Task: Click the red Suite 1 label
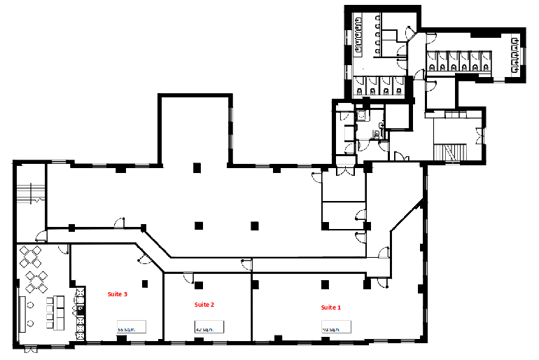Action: click(x=331, y=307)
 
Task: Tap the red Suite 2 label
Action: click(x=204, y=305)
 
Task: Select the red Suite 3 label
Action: click(x=117, y=295)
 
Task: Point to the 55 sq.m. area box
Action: click(x=131, y=327)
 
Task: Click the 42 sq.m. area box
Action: click(x=209, y=327)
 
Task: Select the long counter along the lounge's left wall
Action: click(x=22, y=313)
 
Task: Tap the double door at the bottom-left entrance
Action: click(x=30, y=348)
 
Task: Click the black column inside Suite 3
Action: click(x=144, y=283)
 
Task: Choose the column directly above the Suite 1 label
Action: click(x=325, y=284)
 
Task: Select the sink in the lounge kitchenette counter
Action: click(x=81, y=308)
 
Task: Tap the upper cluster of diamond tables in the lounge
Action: click(x=31, y=257)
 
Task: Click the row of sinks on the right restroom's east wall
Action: click(x=516, y=53)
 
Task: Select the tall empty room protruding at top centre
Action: click(x=195, y=130)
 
